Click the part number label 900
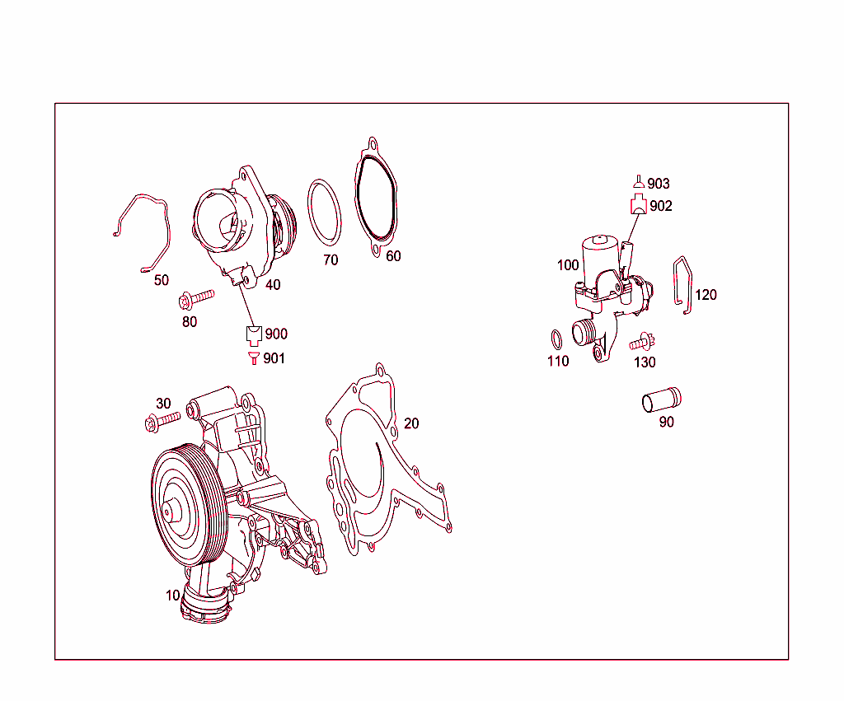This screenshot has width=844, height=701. pos(276,334)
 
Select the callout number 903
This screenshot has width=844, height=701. pos(659,184)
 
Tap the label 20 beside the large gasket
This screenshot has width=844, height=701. pos(411,423)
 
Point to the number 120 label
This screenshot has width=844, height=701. pos(706,295)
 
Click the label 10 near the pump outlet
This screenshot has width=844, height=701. pos(172,595)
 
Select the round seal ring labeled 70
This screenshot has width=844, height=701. pos(324,212)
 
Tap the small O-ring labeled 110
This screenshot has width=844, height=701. pos(556,338)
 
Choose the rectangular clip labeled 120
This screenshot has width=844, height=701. pos(683,285)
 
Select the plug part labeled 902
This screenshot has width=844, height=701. pos(639,206)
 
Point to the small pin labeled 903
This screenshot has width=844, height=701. pos(637,182)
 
